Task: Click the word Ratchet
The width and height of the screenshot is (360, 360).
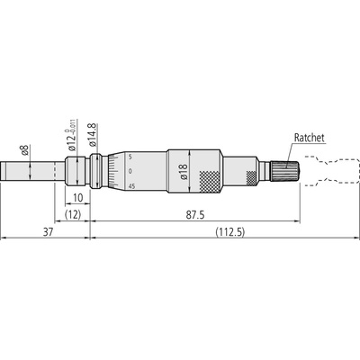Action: click(309, 138)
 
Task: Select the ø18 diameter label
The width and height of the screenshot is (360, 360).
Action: click(184, 171)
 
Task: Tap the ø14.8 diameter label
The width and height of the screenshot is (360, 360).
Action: click(93, 135)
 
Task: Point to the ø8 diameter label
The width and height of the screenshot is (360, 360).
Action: click(25, 150)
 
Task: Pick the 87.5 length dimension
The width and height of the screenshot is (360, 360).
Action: click(194, 215)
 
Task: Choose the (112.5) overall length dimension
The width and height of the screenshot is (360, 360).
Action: click(229, 232)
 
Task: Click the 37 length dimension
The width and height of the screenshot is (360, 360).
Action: click(48, 232)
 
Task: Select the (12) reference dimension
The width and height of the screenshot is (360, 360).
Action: click(73, 215)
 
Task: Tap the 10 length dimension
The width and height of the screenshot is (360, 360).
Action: click(77, 198)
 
